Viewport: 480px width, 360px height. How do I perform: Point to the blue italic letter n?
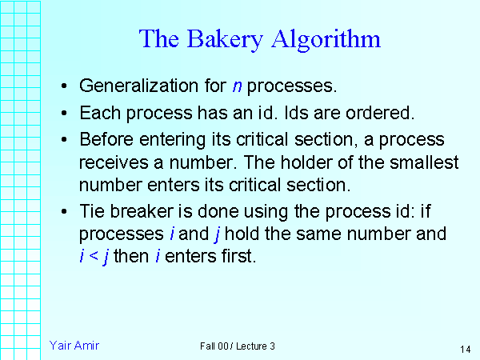tap(238, 86)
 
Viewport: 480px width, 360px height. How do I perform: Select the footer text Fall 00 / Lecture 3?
tap(238, 346)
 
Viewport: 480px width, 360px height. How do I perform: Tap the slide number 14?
tap(465, 350)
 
